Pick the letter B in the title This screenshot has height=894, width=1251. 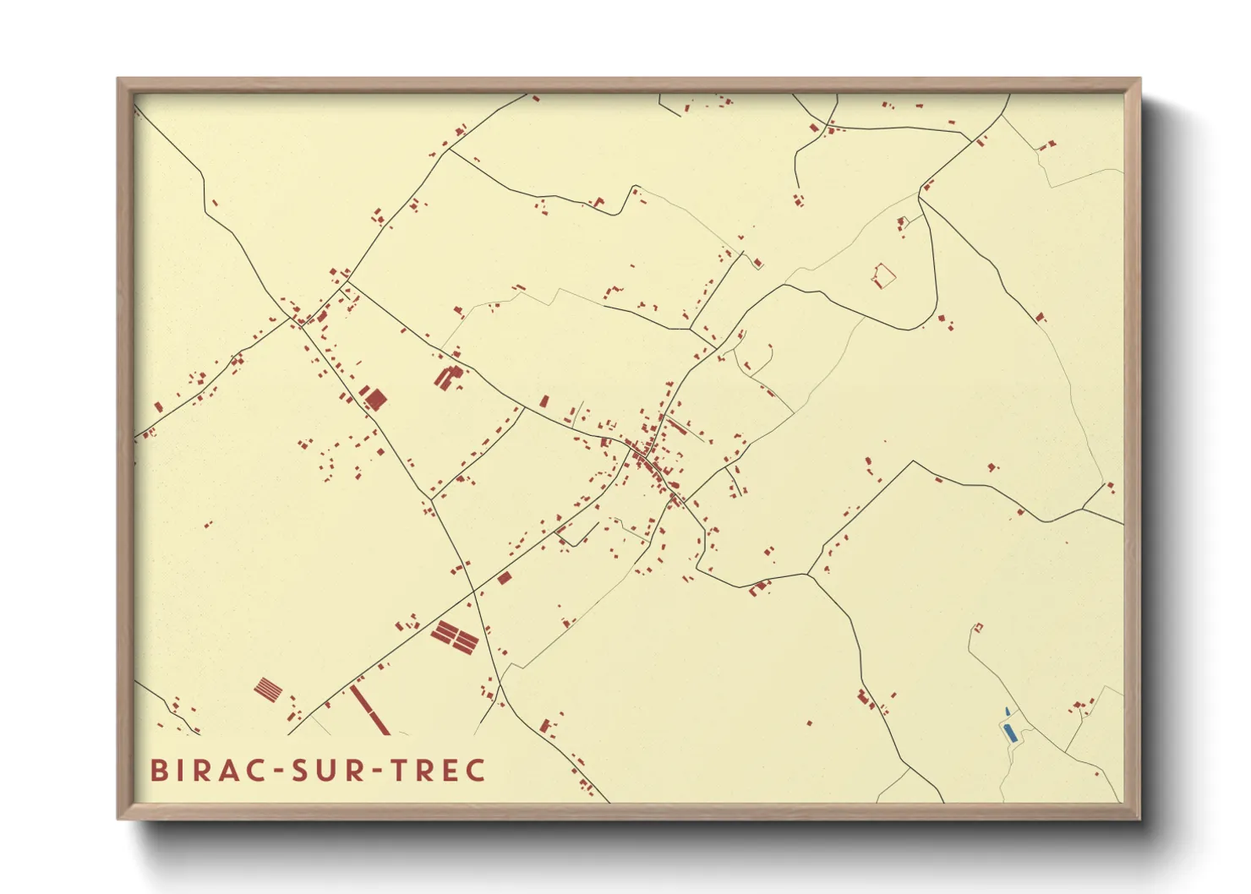pos(158,771)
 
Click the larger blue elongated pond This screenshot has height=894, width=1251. pos(1010,732)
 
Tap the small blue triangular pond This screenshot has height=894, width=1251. pos(1008,711)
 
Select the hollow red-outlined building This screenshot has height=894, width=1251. pos(883,275)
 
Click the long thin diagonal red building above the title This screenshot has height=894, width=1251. pos(369,710)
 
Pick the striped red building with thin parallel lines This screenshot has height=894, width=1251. pos(268,690)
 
